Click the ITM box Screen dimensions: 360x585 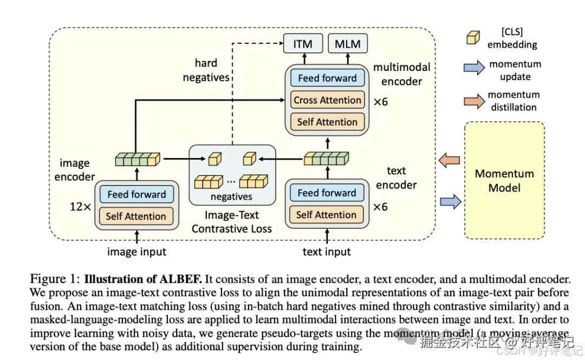pyautogui.click(x=302, y=44)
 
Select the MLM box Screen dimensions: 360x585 pyautogui.click(x=348, y=44)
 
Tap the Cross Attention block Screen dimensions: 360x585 pyautogui.click(x=327, y=100)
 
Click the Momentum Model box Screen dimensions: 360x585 pyautogui.click(x=504, y=180)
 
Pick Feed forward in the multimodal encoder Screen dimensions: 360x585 pyautogui.click(x=327, y=78)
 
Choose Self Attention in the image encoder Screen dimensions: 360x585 pyautogui.click(x=136, y=216)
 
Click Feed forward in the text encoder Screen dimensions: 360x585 pyautogui.click(x=327, y=193)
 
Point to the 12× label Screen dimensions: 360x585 pyautogui.click(x=80, y=207)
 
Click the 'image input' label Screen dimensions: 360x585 pyautogui.click(x=136, y=252)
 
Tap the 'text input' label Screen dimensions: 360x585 pyautogui.click(x=327, y=252)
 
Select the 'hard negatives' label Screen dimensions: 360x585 pyautogui.click(x=206, y=70)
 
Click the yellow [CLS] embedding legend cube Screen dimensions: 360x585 pyautogui.click(x=472, y=37)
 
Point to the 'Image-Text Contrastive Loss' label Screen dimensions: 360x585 pyautogui.click(x=232, y=222)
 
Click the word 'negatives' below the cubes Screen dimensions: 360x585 pyautogui.click(x=231, y=197)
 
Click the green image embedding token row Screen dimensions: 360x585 pyautogui.click(x=138, y=159)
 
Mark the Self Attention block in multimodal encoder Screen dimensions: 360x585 pyautogui.click(x=327, y=122)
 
